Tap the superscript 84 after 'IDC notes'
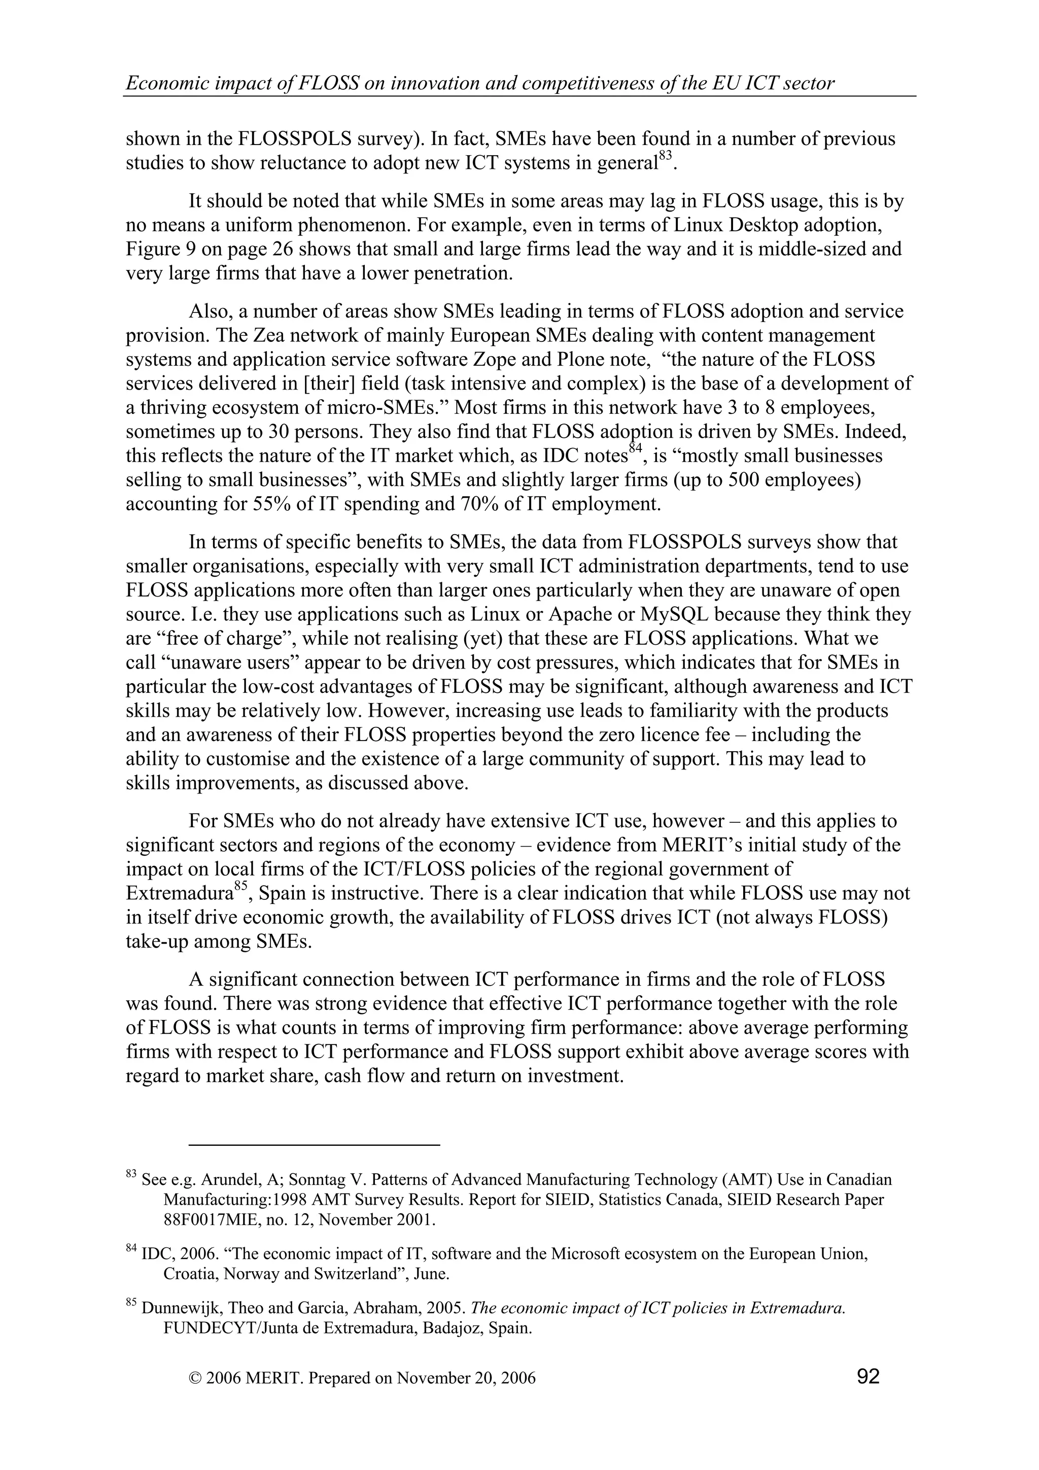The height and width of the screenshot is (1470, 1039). click(635, 449)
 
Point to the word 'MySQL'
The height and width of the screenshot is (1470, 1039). click(676, 615)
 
